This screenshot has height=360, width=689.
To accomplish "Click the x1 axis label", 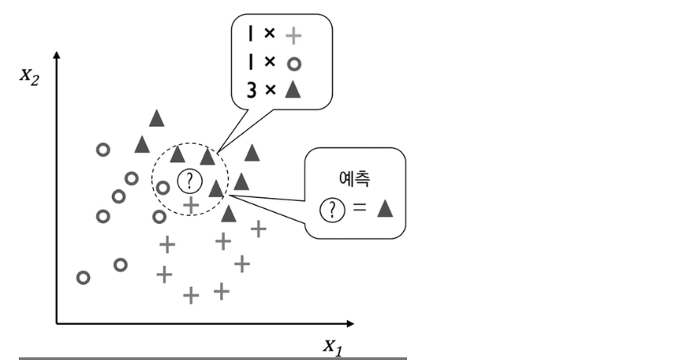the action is click(332, 345).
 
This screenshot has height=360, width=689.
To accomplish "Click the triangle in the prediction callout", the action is click(384, 209).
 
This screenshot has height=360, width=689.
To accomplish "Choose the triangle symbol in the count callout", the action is click(293, 89).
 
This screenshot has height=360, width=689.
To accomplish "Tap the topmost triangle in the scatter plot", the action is click(157, 118).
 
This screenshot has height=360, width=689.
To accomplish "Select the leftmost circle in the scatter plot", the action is click(83, 277).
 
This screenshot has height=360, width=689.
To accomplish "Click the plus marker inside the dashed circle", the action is click(190, 204).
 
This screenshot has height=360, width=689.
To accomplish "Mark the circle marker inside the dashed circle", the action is click(163, 187).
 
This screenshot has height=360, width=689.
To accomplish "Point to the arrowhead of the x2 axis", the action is click(56, 56).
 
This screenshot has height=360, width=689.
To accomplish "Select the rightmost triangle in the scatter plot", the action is click(252, 153).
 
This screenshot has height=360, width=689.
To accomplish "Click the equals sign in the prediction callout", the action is click(359, 210).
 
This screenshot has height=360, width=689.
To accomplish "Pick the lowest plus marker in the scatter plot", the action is click(191, 296).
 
